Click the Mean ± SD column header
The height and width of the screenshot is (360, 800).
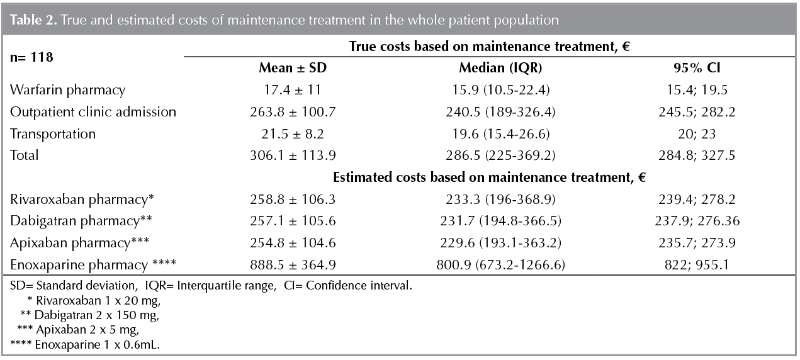tap(293, 68)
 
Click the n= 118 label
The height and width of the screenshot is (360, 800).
tap(32, 57)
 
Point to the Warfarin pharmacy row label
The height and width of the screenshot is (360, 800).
tap(68, 90)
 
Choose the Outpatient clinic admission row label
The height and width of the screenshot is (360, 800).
tap(93, 112)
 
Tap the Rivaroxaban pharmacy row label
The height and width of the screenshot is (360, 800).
tap(82, 200)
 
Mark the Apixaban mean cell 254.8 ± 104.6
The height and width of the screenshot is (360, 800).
tap(293, 243)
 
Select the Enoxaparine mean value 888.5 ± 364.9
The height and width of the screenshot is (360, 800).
tap(293, 265)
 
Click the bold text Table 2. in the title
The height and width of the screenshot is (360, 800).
tap(32, 20)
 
